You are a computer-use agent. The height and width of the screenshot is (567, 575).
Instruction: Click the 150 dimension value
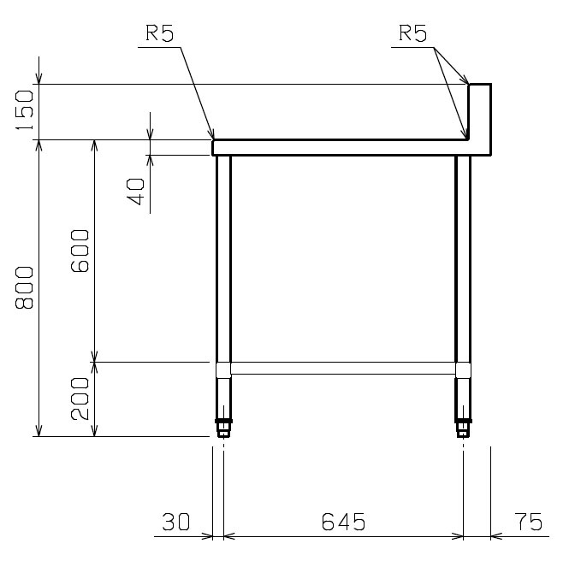(24, 110)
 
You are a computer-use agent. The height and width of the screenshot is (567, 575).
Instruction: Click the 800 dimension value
(24, 287)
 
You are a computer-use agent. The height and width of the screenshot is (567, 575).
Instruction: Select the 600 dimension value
(80, 251)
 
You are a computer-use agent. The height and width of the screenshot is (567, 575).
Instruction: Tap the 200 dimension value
(80, 399)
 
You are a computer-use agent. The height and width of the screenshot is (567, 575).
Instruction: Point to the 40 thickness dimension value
(136, 192)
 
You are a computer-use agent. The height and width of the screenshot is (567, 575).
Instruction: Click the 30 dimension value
(176, 522)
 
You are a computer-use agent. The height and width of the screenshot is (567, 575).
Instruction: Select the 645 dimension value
(344, 522)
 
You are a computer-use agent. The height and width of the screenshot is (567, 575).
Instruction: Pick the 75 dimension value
(528, 522)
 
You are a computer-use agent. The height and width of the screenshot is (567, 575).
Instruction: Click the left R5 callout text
(159, 33)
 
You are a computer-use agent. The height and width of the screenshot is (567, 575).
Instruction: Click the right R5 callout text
(413, 33)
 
